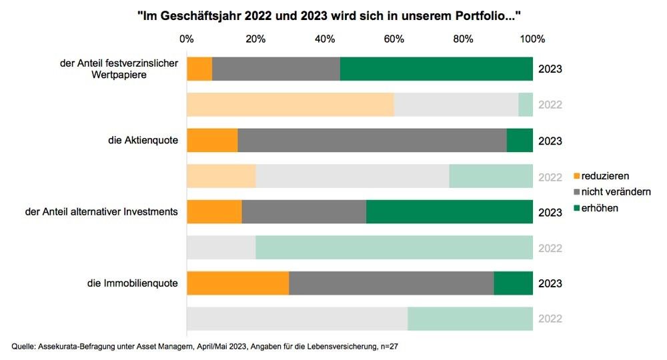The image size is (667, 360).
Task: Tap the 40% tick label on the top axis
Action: [325, 39]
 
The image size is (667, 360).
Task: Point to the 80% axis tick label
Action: [463, 39]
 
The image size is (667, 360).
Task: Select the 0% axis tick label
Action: [187, 39]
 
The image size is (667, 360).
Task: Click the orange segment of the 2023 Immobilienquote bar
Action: [237, 283]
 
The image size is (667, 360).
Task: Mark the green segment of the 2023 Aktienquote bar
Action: [520, 141]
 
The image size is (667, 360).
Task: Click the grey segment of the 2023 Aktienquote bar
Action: [372, 141]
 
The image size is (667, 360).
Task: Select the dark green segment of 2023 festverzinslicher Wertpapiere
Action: [436, 69]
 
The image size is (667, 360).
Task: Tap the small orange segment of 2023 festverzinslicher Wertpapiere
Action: [199, 69]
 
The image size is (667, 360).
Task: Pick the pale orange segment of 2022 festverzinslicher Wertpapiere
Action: [290, 105]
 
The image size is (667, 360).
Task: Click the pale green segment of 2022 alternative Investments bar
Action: [394, 247]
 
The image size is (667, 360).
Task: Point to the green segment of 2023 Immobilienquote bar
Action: [513, 283]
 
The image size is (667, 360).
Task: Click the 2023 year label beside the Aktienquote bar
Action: [550, 141]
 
